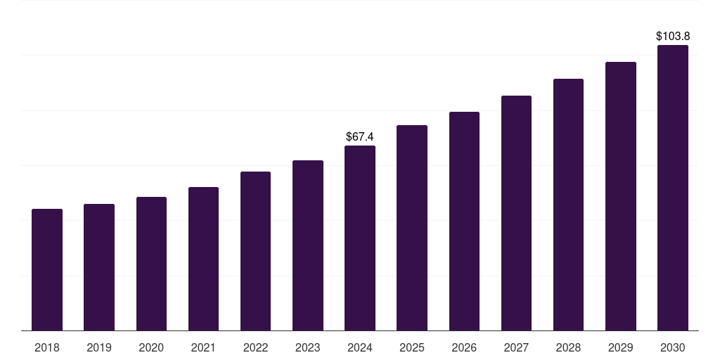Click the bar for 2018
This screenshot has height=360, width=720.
point(47,269)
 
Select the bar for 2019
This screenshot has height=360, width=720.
point(99,267)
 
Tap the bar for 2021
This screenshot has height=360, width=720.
point(203,259)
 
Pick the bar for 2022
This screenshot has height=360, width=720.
point(255,251)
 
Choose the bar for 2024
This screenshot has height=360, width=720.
point(360,238)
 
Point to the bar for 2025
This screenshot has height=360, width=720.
point(412,228)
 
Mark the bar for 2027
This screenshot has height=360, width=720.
point(516,213)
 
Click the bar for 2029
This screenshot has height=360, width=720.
point(621,196)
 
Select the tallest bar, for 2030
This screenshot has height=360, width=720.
point(673,188)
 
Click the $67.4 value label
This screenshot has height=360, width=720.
point(360,136)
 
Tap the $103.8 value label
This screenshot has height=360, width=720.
point(673,36)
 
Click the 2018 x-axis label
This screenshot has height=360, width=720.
point(47,347)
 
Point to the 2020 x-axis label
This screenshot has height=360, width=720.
point(151,347)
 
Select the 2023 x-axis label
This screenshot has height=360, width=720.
point(308,347)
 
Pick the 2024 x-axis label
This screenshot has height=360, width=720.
point(360,347)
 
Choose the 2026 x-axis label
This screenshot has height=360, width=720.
point(464,347)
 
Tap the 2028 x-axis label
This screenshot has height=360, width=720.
point(568,347)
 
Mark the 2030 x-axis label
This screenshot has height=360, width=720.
point(673,347)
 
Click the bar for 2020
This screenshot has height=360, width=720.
point(151,264)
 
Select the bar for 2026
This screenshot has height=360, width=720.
point(464,221)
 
